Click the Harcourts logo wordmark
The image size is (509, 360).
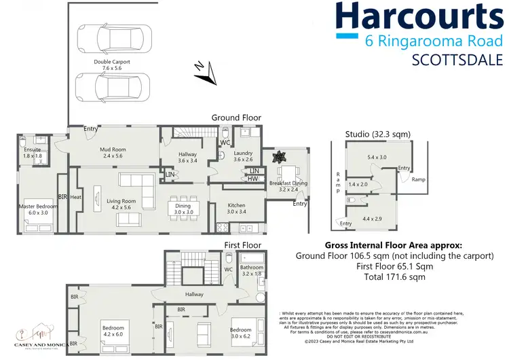click(420, 18)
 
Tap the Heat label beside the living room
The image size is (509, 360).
click(75, 198)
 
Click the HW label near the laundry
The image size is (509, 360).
click(253, 179)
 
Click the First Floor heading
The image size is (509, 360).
click(242, 243)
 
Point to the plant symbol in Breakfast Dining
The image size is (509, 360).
click(277, 158)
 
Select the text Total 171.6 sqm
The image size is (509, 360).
click(394, 276)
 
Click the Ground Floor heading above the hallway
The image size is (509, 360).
click(236, 118)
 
